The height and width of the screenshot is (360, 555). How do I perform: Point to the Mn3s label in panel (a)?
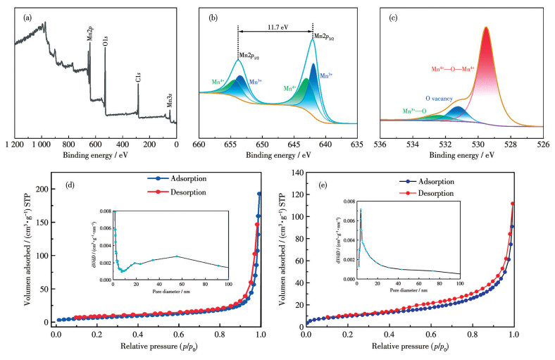tap(169, 99)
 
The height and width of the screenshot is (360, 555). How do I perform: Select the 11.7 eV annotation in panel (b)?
tap(275, 23)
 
